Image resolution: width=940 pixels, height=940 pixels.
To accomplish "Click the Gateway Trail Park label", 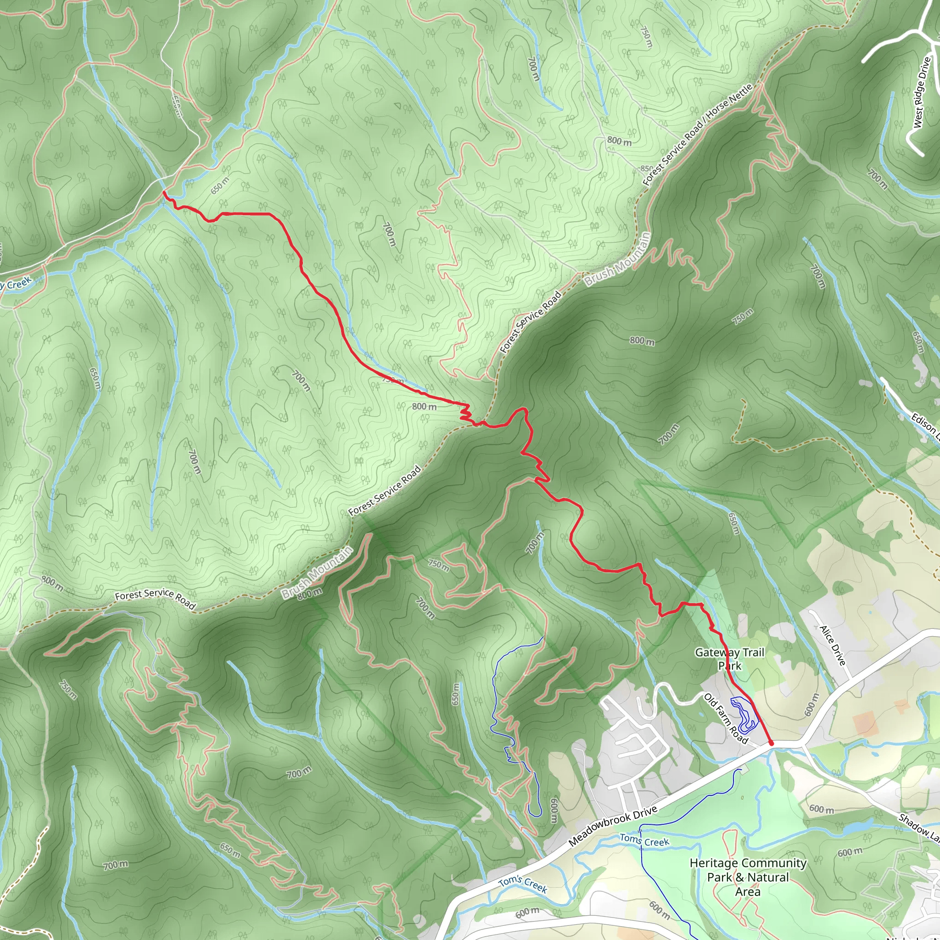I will [729, 659].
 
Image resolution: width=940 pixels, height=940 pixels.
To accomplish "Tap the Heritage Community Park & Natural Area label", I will [748, 877].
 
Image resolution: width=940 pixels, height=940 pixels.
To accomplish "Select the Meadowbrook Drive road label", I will [613, 825].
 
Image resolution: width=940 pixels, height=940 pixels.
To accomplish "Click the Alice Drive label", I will [833, 646].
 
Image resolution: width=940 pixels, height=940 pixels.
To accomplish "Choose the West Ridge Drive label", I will [922, 92].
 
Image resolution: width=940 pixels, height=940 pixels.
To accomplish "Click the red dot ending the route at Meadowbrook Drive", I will [771, 744].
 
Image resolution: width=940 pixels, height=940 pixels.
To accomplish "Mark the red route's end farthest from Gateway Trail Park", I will [164, 193].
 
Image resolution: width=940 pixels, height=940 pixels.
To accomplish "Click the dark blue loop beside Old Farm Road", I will [744, 713].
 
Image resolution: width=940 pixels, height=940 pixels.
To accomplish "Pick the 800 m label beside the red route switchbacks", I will [424, 406].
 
